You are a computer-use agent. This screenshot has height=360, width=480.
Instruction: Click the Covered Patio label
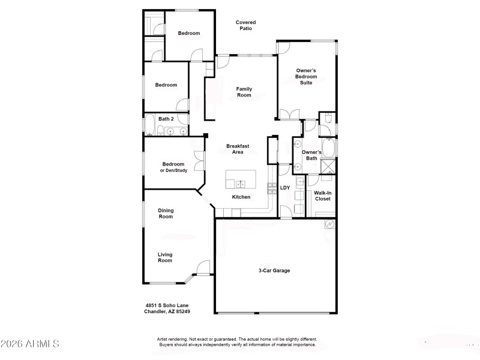click(245, 25)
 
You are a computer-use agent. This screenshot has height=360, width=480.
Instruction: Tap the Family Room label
click(244, 92)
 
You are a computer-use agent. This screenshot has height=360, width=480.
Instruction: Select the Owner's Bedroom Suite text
click(306, 76)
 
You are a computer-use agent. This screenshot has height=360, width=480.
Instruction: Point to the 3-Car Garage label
click(274, 271)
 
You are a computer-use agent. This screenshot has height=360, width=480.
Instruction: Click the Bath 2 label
click(166, 119)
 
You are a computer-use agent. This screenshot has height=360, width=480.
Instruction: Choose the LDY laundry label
click(285, 188)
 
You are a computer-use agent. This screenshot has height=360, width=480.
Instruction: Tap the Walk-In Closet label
click(322, 196)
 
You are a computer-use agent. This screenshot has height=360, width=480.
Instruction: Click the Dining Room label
click(166, 213)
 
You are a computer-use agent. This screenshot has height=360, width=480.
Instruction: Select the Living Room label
click(165, 257)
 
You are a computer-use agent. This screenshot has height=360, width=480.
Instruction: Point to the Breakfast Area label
click(238, 149)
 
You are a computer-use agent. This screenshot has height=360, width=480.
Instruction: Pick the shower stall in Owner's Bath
click(328, 168)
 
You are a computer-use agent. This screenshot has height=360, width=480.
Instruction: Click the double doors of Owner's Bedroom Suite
click(288, 114)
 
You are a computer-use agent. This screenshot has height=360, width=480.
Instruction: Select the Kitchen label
click(241, 197)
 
